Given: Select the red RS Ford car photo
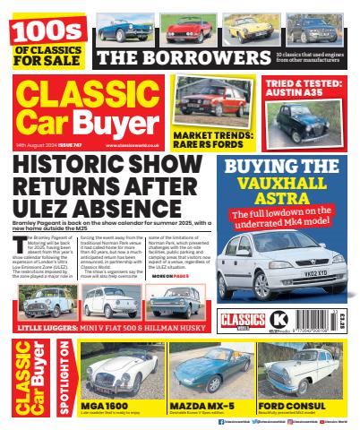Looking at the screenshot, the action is pos(208,97).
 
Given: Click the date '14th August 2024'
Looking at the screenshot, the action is pos(35,145).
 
